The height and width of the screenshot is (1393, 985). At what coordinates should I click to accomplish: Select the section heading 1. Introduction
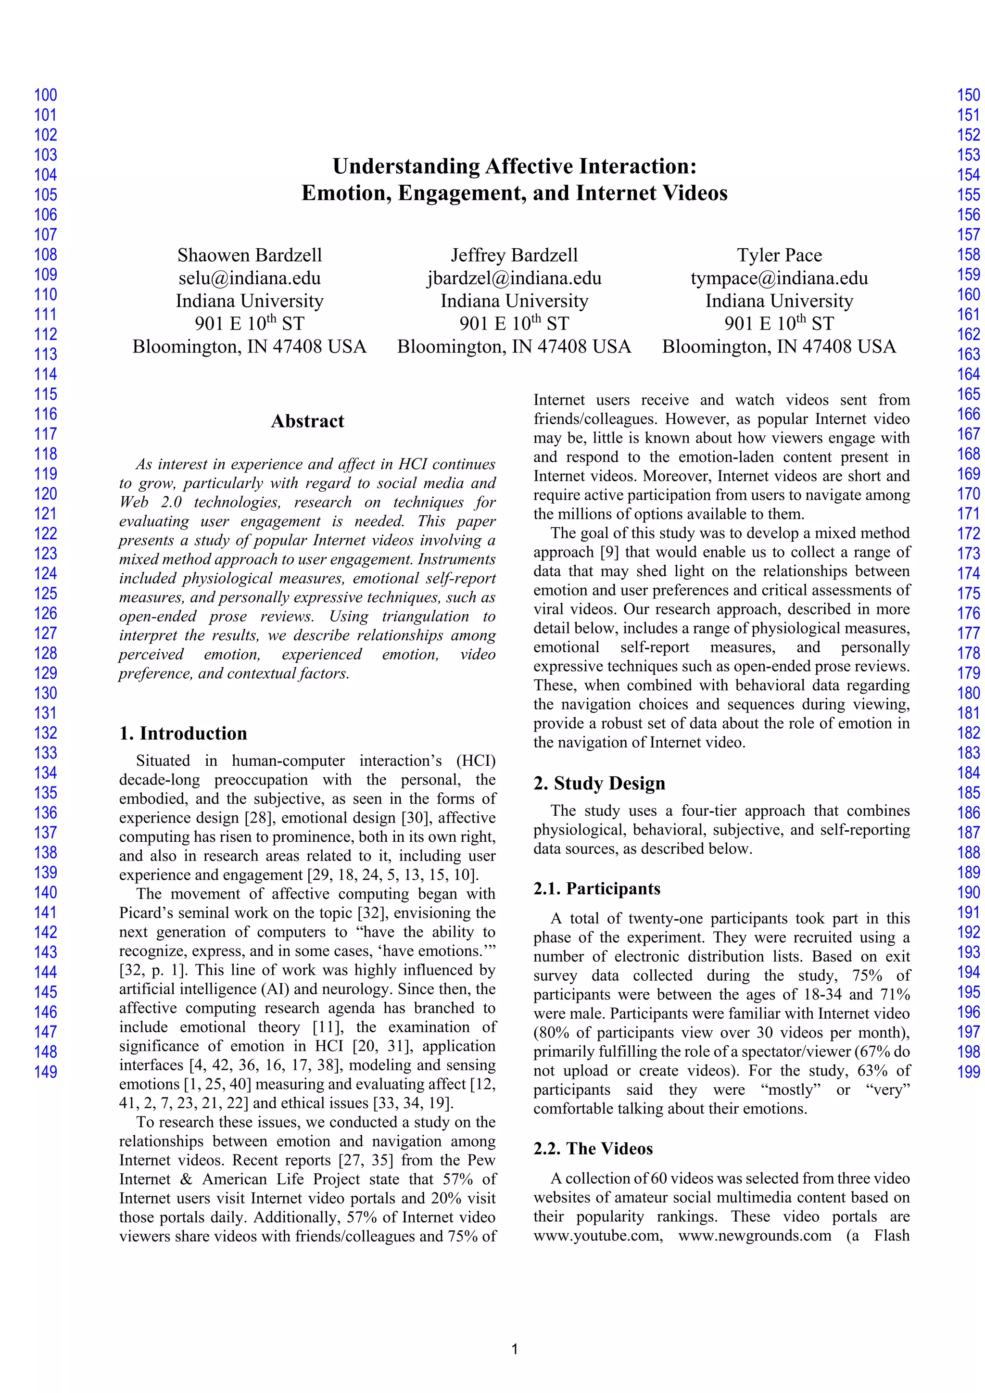(x=183, y=734)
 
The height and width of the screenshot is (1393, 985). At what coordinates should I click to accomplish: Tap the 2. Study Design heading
(x=599, y=783)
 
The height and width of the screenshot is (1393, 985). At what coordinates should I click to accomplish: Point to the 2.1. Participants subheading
(x=596, y=889)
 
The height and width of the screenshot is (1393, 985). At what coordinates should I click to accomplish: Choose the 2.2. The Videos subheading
(x=593, y=1149)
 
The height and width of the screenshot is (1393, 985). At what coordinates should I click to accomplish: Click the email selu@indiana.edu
(x=249, y=278)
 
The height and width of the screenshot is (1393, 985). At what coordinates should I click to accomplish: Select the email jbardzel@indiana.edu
(x=514, y=278)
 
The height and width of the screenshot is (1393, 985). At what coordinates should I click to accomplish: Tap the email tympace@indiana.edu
(x=779, y=278)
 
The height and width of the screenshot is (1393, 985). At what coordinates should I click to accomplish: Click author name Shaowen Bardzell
(x=249, y=255)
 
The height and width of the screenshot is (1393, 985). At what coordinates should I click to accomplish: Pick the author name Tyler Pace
(x=779, y=255)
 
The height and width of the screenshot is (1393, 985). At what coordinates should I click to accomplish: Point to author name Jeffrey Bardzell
(x=514, y=255)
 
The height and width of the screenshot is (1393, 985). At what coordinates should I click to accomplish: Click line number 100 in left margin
(x=46, y=95)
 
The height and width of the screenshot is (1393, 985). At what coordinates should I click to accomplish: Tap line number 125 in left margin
(x=46, y=594)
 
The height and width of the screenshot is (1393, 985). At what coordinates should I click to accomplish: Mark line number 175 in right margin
(x=968, y=594)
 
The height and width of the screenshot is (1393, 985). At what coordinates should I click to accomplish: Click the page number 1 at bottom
(x=514, y=1349)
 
